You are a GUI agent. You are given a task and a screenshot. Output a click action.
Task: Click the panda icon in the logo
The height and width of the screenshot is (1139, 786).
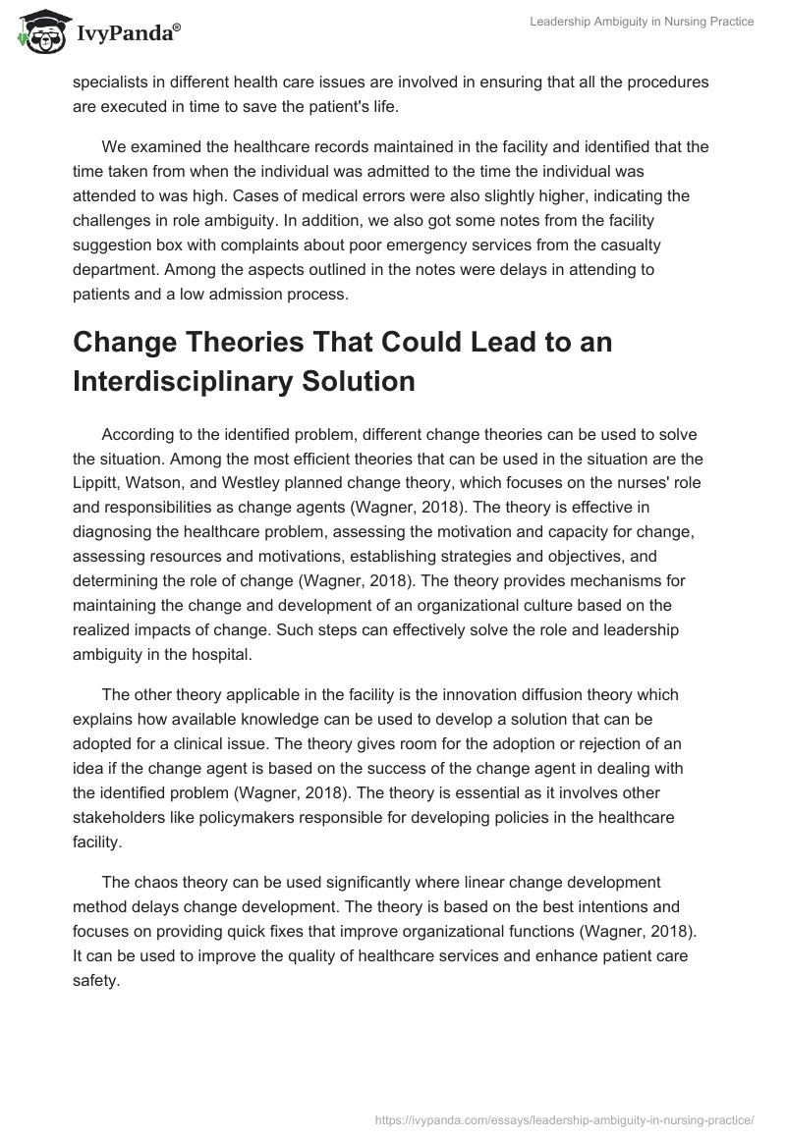pyautogui.click(x=36, y=33)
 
